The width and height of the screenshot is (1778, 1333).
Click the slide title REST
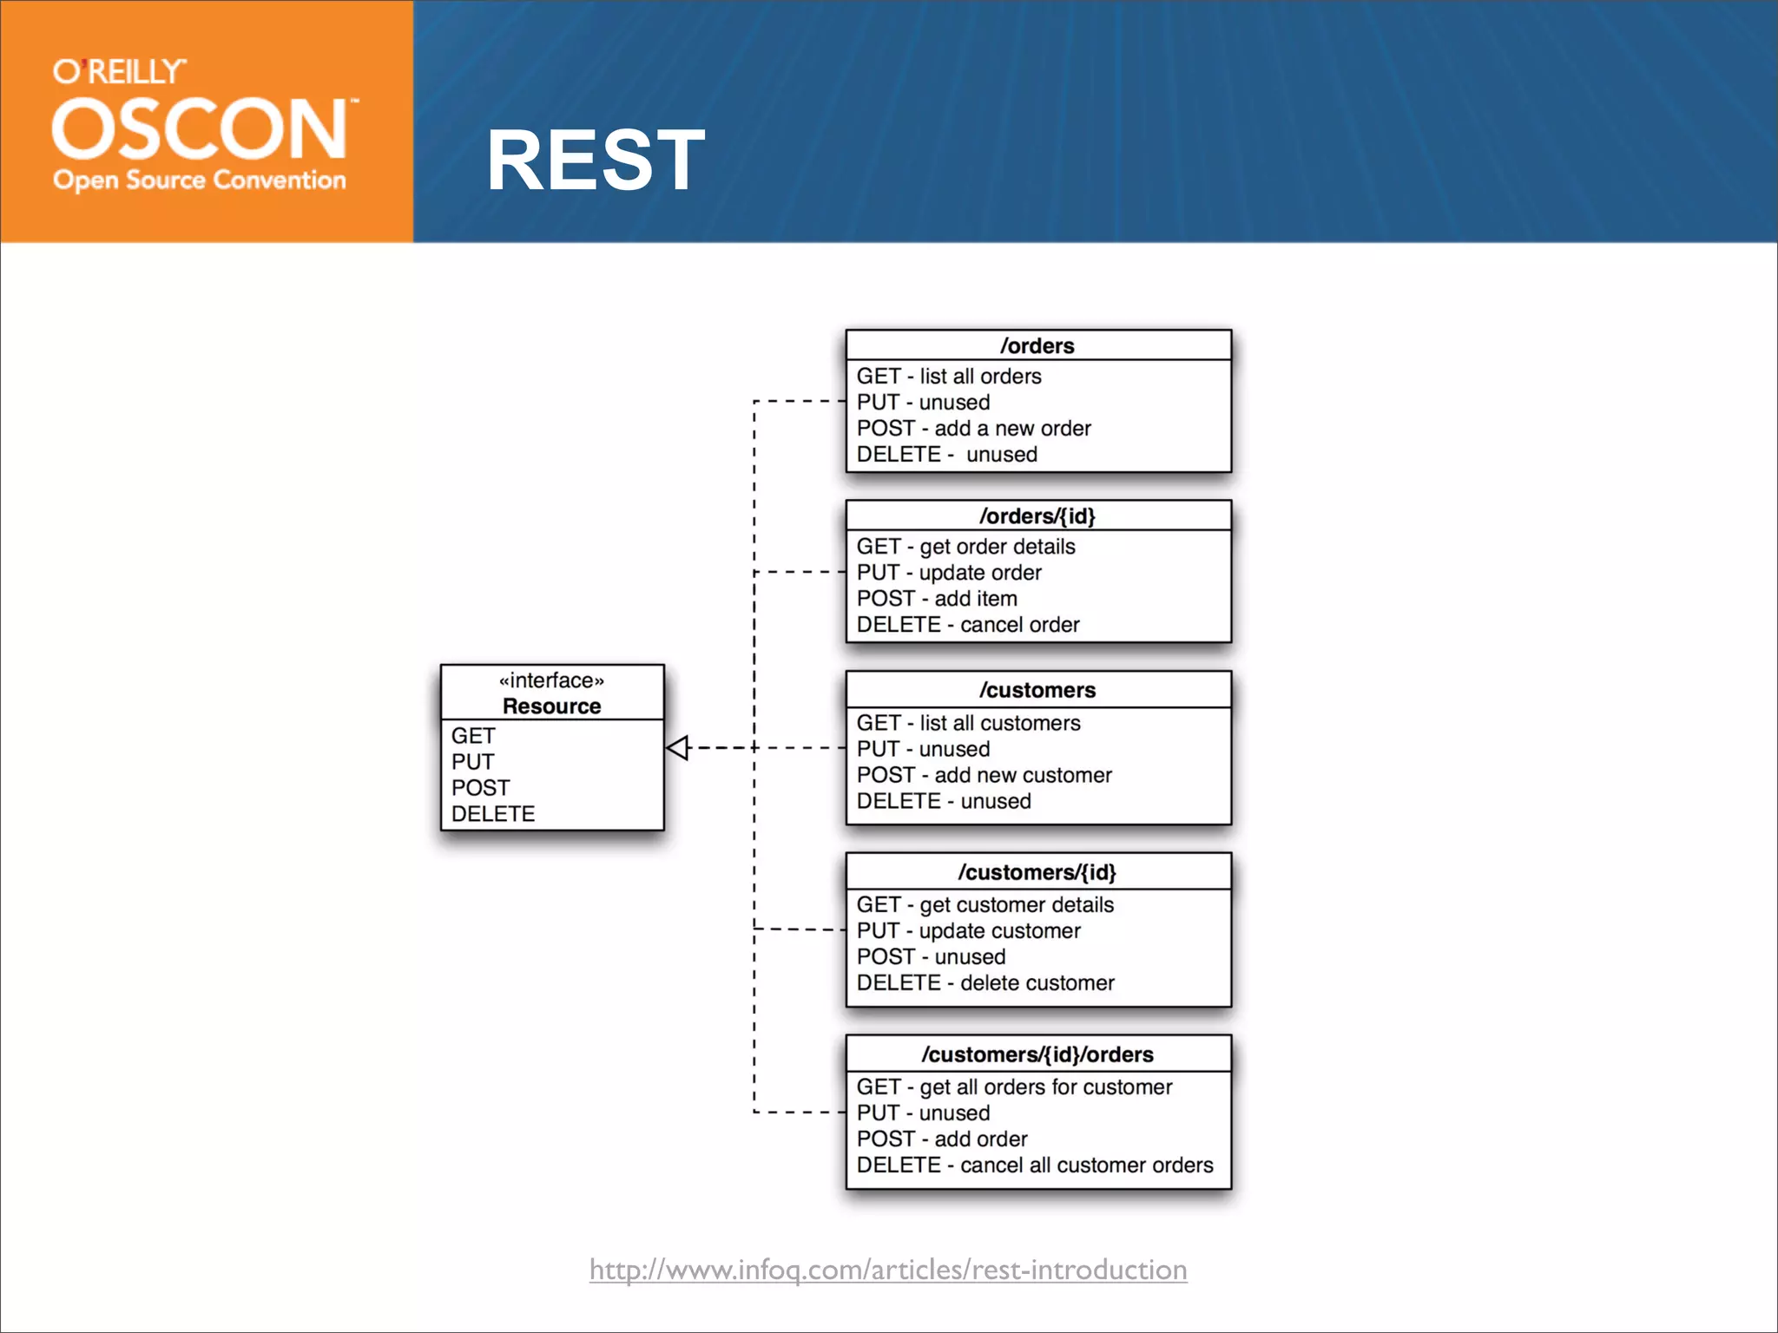[596, 161]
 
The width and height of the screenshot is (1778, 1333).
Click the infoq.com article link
[888, 1270]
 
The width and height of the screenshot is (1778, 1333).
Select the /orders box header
[1037, 345]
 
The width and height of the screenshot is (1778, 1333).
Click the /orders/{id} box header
[1037, 516]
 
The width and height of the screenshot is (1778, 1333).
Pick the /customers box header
[1037, 690]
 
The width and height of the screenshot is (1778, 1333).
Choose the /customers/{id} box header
[1037, 872]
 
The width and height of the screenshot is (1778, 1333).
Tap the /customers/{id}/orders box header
[1037, 1054]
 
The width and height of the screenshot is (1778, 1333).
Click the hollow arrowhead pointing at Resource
[678, 747]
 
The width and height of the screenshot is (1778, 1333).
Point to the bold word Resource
[551, 706]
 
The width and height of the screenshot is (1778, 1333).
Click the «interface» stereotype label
[551, 680]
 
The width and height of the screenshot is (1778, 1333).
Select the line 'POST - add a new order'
[973, 428]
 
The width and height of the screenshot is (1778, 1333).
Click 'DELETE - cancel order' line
[968, 625]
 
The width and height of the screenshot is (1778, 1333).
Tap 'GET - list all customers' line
[968, 723]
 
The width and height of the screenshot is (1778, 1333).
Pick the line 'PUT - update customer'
[968, 931]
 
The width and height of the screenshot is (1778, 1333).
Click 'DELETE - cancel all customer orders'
[1035, 1166]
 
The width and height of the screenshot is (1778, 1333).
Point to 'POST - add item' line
[937, 599]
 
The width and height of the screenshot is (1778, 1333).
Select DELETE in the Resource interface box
[493, 814]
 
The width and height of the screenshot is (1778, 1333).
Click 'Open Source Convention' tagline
[200, 181]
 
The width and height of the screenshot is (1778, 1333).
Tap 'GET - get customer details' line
[984, 905]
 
